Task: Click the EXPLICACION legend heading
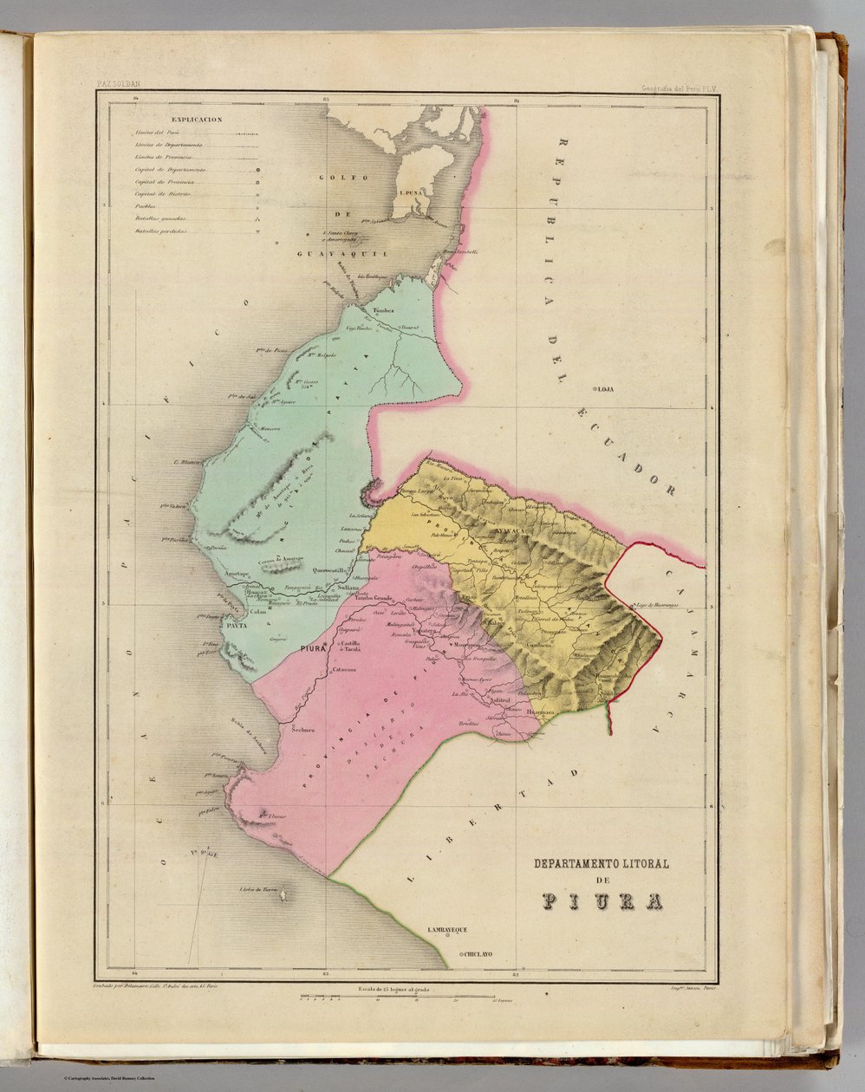pyautogui.click(x=197, y=120)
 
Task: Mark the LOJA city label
pyautogui.click(x=604, y=389)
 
